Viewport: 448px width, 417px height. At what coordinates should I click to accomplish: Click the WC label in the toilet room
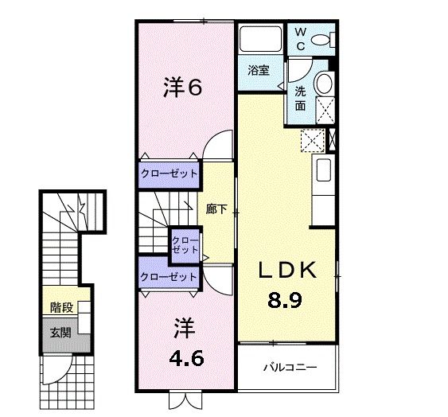pyautogui.click(x=301, y=37)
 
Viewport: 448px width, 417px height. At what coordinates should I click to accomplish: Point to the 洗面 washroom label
pyautogui.click(x=301, y=98)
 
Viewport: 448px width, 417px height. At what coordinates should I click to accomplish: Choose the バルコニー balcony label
pyautogui.click(x=290, y=368)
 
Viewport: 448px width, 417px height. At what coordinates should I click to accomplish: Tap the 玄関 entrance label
pyautogui.click(x=60, y=332)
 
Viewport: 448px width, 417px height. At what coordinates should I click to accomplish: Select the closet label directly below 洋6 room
pyautogui.click(x=169, y=173)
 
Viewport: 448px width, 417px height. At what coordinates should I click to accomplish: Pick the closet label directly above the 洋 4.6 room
pyautogui.click(x=168, y=277)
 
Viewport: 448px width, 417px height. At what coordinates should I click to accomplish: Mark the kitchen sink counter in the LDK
pyautogui.click(x=323, y=171)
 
